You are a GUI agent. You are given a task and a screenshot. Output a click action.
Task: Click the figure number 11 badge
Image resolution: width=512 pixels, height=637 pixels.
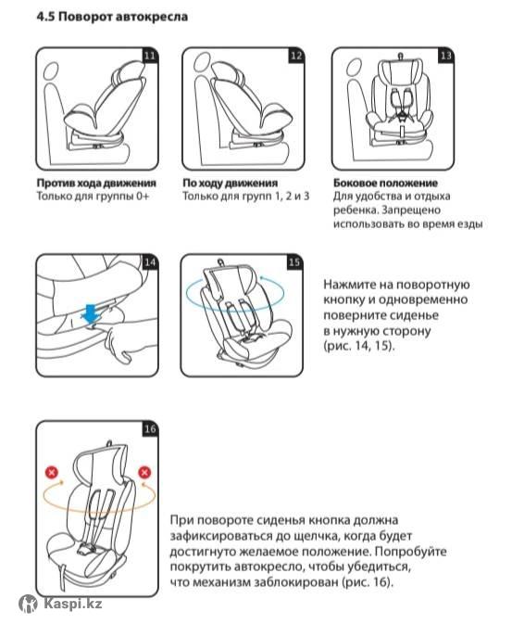[x=150, y=56]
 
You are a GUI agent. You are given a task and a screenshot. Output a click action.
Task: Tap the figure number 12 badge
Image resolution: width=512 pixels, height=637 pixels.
[x=295, y=56]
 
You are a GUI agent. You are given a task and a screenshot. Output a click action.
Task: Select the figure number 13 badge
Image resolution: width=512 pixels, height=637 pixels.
[x=445, y=56]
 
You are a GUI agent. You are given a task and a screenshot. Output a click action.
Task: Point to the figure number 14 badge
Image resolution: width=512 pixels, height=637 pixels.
[x=150, y=262]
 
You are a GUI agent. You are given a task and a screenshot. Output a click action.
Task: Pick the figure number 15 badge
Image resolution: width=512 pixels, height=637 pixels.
[x=294, y=262]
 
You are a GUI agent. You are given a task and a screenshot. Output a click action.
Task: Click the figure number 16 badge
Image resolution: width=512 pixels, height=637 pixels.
[x=150, y=428]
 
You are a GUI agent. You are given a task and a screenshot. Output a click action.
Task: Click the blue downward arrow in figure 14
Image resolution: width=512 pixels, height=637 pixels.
[x=91, y=313]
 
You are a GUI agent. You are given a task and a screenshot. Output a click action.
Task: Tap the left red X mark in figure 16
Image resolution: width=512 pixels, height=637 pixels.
[x=52, y=473]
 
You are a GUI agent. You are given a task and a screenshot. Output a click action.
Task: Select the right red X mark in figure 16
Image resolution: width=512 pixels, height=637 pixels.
[x=144, y=473]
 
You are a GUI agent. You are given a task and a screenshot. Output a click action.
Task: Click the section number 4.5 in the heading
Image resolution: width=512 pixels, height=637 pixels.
[x=45, y=17]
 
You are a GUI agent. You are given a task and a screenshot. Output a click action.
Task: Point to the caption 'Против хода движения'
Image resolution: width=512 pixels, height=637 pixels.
[x=96, y=184]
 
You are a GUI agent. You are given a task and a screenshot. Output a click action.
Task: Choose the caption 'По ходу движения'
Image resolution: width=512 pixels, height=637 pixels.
[x=230, y=184]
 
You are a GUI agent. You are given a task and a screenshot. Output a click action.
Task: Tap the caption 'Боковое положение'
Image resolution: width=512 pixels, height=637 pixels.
[x=385, y=184]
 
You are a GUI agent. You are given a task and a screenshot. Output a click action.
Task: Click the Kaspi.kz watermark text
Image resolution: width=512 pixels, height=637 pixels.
[x=73, y=605]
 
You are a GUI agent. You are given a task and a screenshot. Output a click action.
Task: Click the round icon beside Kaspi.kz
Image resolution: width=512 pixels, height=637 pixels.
[x=29, y=605]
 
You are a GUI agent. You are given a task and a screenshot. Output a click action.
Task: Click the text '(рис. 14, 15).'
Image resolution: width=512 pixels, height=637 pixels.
[x=358, y=346]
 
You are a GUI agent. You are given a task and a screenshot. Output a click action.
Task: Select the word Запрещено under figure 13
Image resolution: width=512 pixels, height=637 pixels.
[x=411, y=210]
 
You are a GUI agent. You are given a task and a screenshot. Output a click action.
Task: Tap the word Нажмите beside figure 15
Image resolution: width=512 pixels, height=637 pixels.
[x=350, y=284]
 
